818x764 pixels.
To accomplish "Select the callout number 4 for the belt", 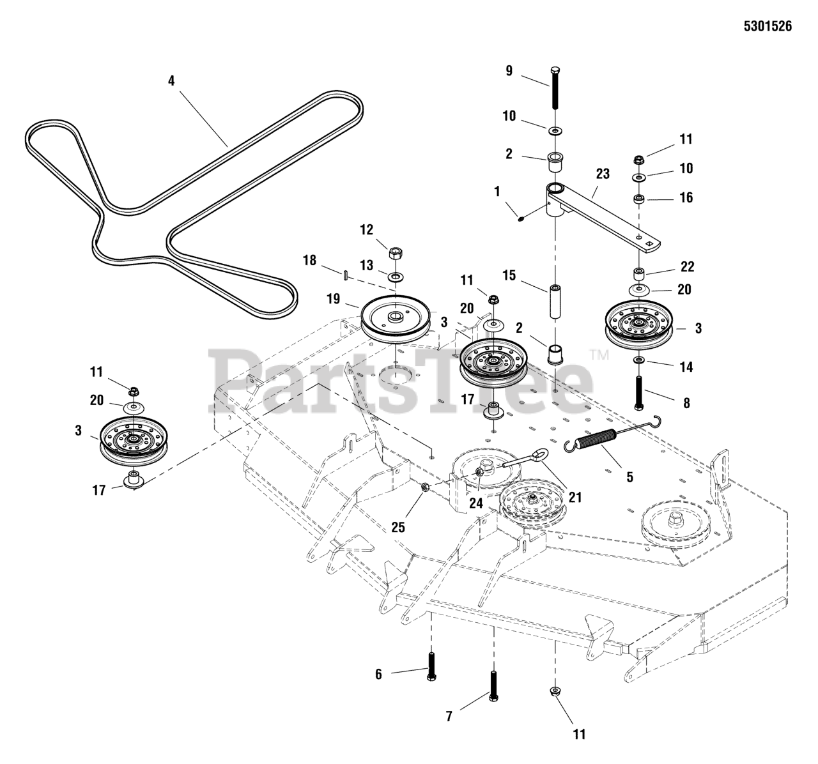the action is [171, 80].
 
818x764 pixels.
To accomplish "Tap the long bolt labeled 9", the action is [555, 87].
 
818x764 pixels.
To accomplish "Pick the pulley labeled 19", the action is [396, 318].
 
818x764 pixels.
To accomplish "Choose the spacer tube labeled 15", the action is [555, 302].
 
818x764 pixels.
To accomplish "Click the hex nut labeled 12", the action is [396, 252].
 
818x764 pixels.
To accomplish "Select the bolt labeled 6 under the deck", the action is [431, 667].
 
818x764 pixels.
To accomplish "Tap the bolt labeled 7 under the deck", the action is [493, 685].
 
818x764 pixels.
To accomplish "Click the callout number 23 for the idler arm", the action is [603, 174].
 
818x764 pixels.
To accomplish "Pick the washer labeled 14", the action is [639, 361].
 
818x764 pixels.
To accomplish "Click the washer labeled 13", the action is [396, 275].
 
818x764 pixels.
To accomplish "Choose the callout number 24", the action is [476, 503].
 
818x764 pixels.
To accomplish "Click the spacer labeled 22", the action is [639, 273].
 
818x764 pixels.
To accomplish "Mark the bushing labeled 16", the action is [639, 199].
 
